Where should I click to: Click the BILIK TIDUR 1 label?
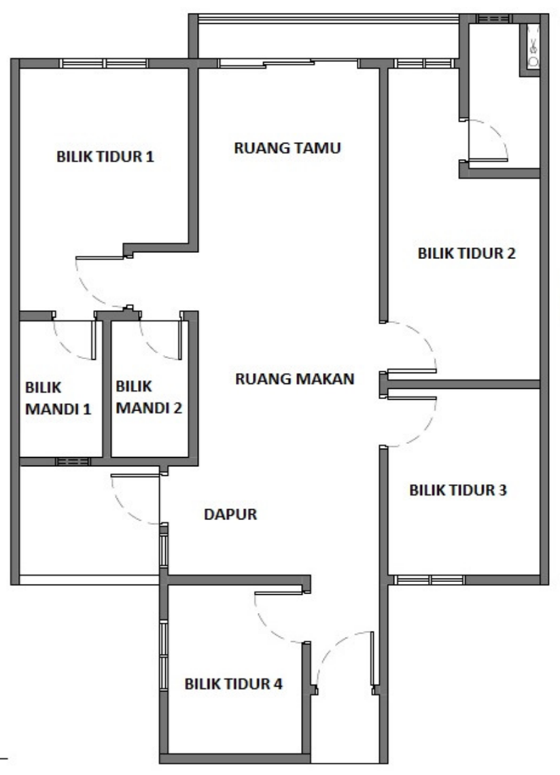105,156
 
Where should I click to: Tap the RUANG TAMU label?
287,148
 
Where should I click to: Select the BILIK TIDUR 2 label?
467,253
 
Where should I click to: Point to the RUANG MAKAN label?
294,379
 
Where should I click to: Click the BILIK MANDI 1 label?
58,398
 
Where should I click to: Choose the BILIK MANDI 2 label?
149,397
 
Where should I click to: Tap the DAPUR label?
230,514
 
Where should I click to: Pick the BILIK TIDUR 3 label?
458,489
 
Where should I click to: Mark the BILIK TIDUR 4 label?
233,683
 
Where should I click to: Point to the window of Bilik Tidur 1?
104,63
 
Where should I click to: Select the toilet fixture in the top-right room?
533,46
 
